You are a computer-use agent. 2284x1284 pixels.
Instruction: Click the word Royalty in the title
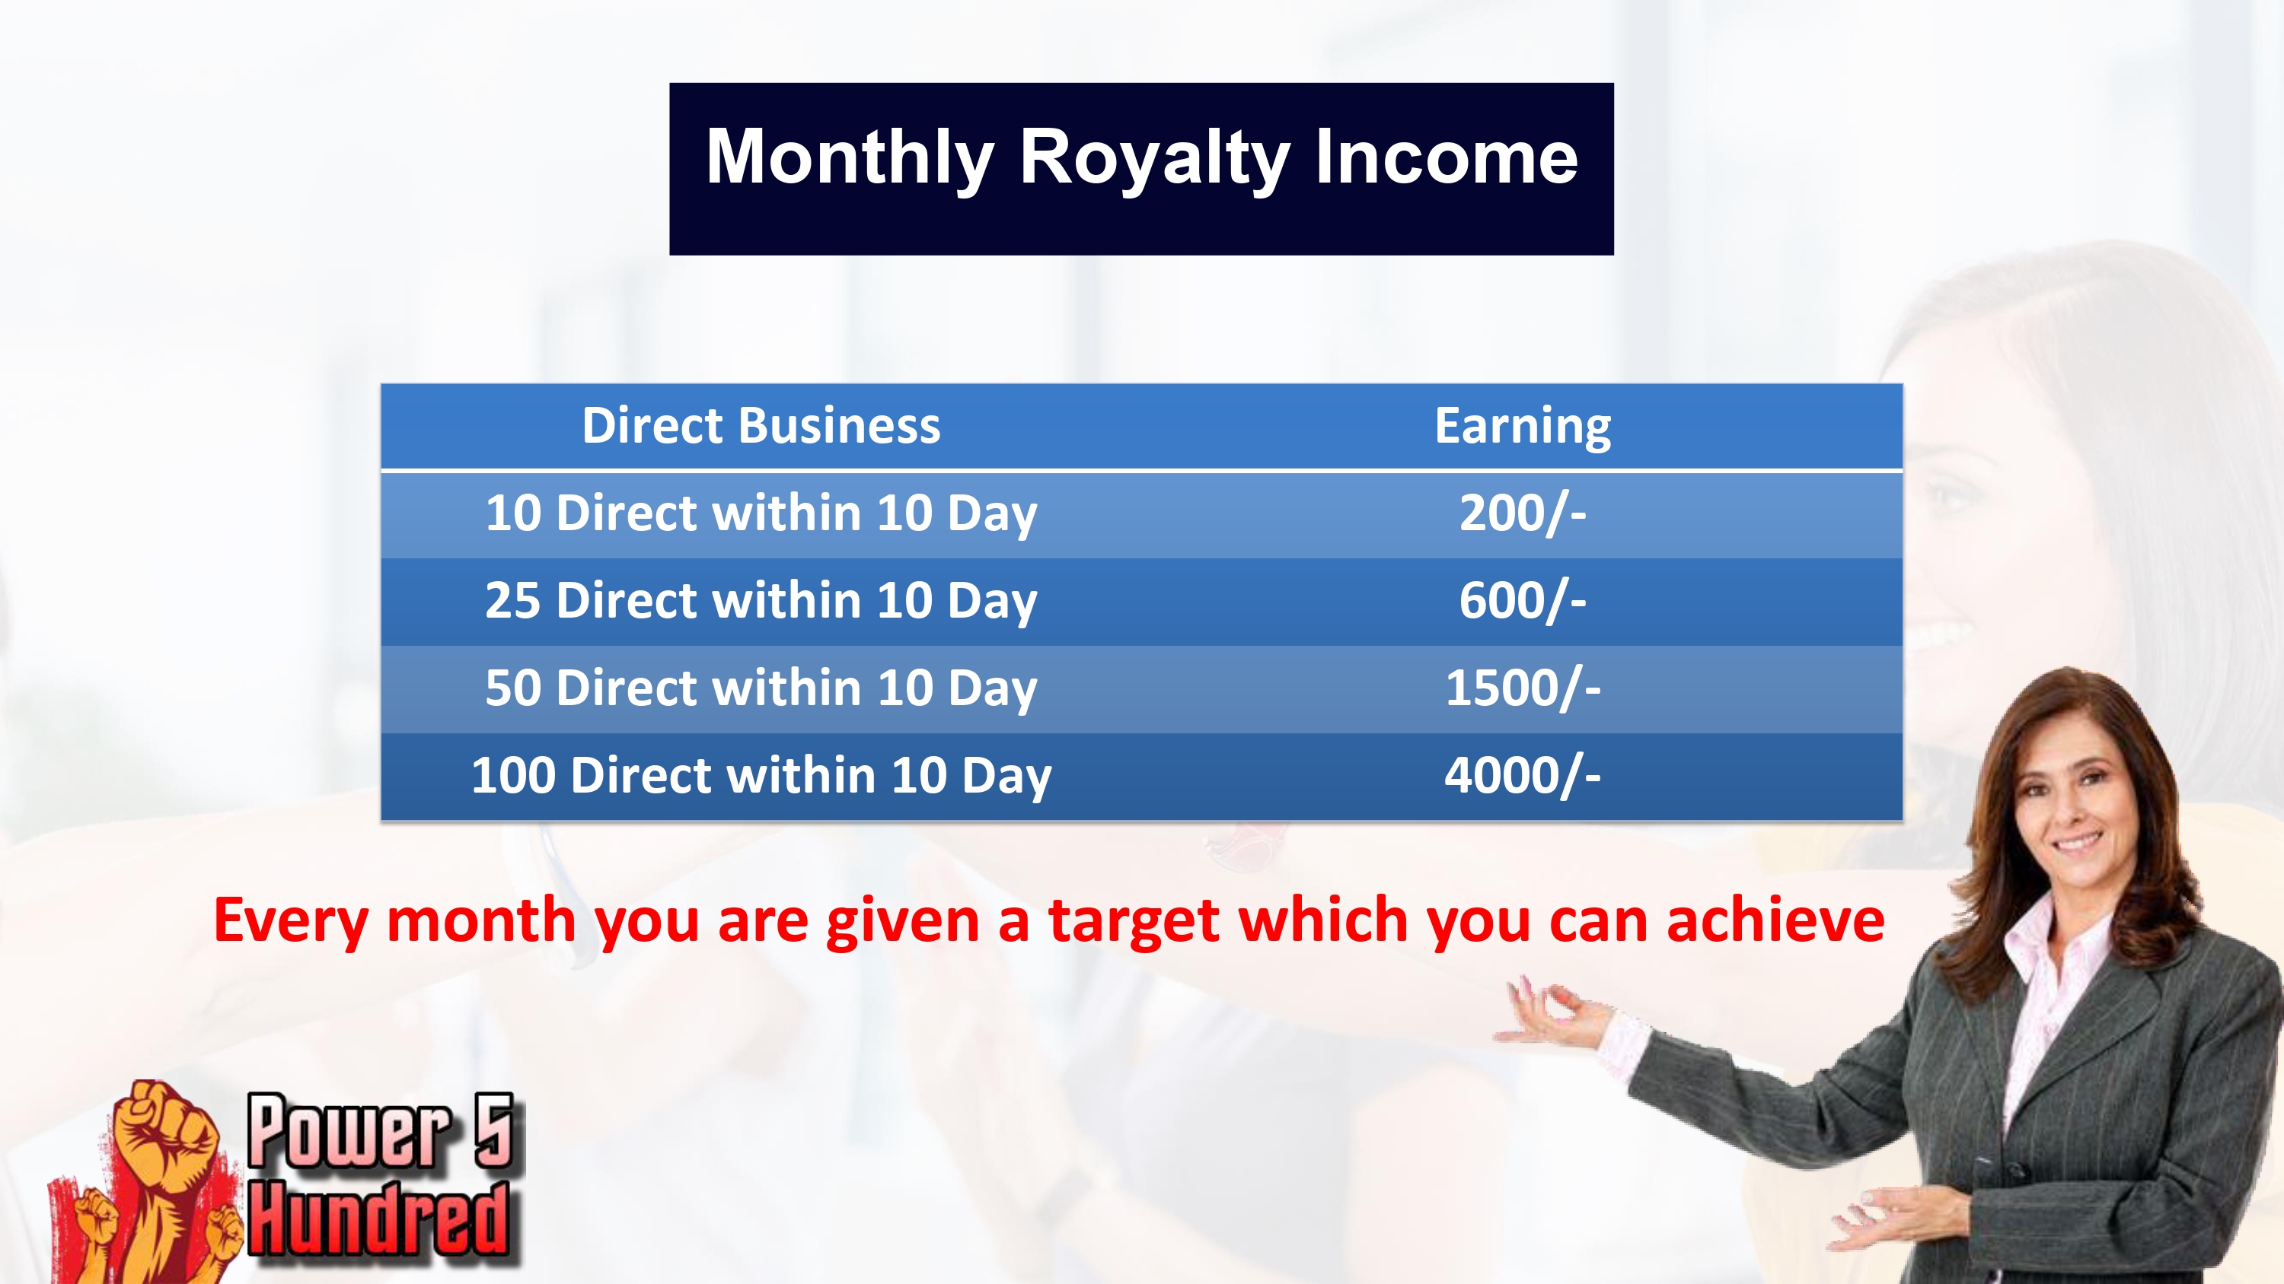[x=1153, y=160]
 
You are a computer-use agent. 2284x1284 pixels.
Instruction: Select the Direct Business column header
[x=761, y=425]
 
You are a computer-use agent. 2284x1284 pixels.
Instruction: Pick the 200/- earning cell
[x=1523, y=513]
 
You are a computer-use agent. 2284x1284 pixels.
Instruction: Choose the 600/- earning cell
[x=1523, y=601]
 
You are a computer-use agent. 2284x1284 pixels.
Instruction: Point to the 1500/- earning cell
[x=1523, y=688]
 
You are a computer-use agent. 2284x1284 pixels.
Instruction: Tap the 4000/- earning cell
[x=1523, y=775]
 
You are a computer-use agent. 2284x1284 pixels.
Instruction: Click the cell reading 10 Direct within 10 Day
[x=761, y=514]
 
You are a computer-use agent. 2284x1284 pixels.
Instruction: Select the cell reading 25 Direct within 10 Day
[x=761, y=602]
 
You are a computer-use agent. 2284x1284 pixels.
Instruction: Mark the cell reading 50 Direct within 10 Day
[x=761, y=688]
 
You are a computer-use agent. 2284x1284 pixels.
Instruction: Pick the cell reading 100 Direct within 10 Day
[x=761, y=776]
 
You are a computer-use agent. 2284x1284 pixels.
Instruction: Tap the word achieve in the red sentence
[x=1775, y=920]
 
